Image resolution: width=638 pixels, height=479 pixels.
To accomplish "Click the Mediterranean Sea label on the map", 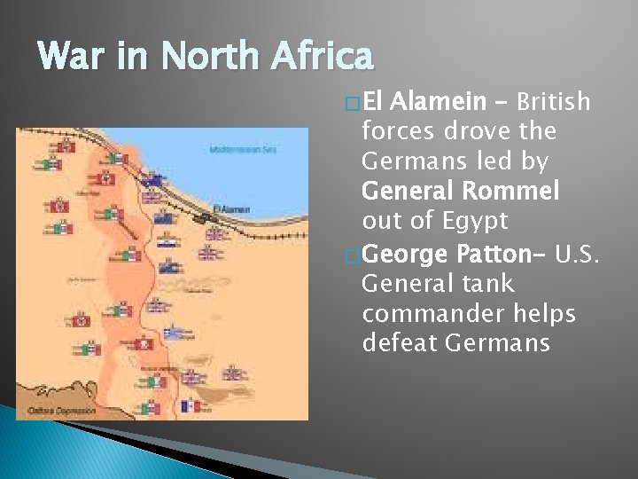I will [243, 149].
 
